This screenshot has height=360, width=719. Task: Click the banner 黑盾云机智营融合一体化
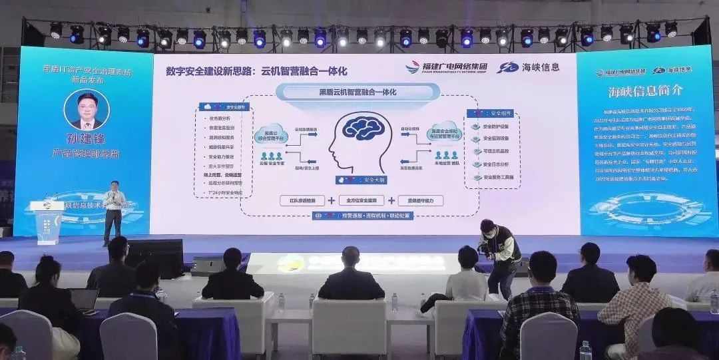354,92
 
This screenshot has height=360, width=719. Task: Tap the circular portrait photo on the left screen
88,110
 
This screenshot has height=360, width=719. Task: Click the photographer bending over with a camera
497,256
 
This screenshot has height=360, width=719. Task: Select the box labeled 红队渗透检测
303,200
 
